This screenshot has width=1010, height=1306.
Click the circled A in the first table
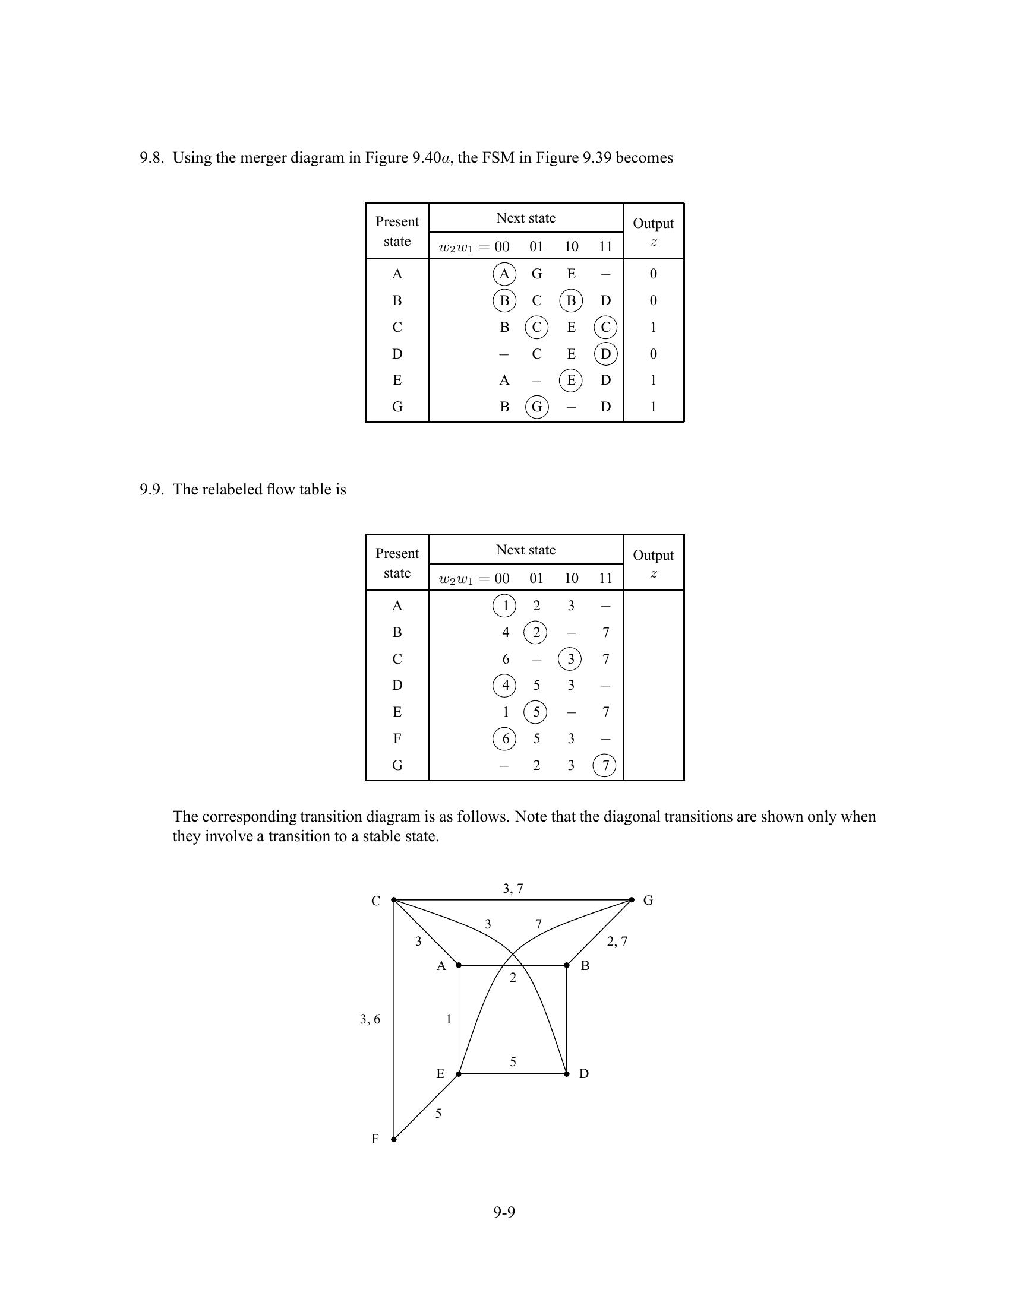point(504,274)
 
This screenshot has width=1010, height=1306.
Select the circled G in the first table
point(536,407)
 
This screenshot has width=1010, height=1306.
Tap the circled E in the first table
point(571,381)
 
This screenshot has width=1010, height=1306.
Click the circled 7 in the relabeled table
point(605,765)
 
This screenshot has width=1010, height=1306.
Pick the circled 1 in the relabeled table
point(504,606)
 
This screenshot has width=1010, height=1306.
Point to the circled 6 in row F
point(504,739)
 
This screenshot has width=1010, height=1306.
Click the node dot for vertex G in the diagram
point(632,900)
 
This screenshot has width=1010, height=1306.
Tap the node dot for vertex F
point(394,1139)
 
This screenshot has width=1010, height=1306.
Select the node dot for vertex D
point(567,1074)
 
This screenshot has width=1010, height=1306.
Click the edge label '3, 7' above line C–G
point(513,889)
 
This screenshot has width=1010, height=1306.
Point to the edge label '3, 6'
point(370,1019)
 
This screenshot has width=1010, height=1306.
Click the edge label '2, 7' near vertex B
point(617,942)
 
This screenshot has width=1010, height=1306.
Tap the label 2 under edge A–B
point(513,978)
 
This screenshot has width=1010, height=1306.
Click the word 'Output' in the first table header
point(653,224)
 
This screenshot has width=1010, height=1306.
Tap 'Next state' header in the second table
point(525,550)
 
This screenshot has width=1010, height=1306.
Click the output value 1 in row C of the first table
point(653,327)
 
